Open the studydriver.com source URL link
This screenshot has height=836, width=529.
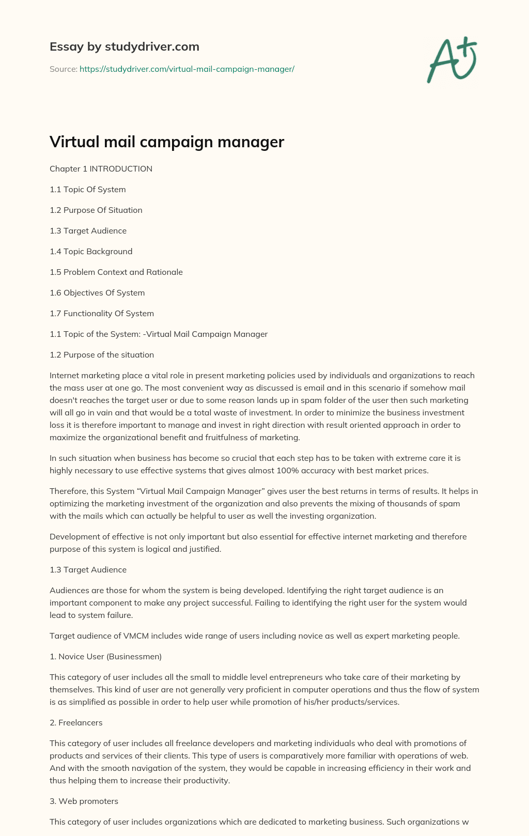click(186, 69)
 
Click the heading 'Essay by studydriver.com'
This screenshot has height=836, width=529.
click(124, 47)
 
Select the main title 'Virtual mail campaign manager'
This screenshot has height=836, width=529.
click(167, 142)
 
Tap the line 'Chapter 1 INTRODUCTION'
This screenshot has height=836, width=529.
click(101, 169)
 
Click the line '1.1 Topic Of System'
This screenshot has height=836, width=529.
click(88, 190)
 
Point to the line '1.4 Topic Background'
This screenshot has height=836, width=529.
click(91, 252)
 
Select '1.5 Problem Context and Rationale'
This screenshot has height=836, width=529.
click(116, 272)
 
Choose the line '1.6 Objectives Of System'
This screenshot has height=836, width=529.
click(97, 293)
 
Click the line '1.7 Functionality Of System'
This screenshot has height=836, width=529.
click(102, 314)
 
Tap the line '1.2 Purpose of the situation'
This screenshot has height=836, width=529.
click(102, 355)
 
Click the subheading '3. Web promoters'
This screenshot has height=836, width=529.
click(84, 801)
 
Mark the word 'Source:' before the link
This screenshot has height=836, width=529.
click(63, 69)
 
